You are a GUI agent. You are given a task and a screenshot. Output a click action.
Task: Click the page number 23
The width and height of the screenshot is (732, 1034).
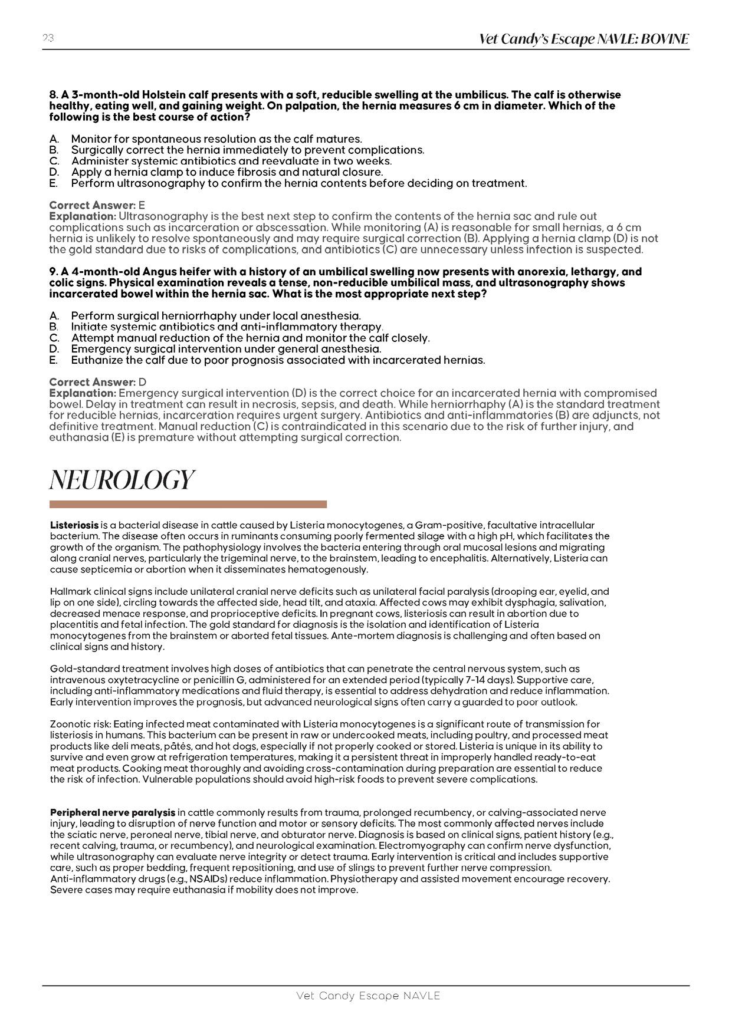click(x=48, y=38)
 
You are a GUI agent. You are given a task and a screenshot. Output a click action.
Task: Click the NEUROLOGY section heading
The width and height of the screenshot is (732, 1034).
click(x=122, y=480)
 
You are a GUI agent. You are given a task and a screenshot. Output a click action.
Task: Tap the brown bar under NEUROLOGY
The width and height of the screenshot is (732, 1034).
click(x=188, y=504)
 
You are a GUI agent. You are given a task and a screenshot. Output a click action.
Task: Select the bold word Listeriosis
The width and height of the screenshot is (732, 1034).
click(x=74, y=525)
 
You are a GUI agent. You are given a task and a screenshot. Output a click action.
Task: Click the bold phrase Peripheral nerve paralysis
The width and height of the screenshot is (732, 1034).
click(x=113, y=813)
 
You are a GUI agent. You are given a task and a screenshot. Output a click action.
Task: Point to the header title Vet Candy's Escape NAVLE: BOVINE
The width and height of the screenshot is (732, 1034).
click(x=583, y=39)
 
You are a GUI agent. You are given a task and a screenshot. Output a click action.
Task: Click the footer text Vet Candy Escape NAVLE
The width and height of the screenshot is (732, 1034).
click(x=368, y=996)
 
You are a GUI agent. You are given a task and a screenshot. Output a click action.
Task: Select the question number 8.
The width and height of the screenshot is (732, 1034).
click(x=54, y=95)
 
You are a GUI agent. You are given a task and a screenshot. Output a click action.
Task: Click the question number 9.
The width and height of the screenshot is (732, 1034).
click(x=54, y=272)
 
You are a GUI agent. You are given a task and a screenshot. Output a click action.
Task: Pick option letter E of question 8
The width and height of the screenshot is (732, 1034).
click(x=54, y=183)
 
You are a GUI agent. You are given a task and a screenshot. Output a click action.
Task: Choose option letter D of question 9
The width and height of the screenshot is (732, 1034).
click(x=54, y=349)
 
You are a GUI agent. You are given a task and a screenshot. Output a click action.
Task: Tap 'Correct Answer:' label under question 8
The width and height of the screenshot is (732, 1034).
click(x=92, y=205)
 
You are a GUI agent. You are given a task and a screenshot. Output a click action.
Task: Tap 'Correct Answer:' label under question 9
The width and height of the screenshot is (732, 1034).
click(x=92, y=382)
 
